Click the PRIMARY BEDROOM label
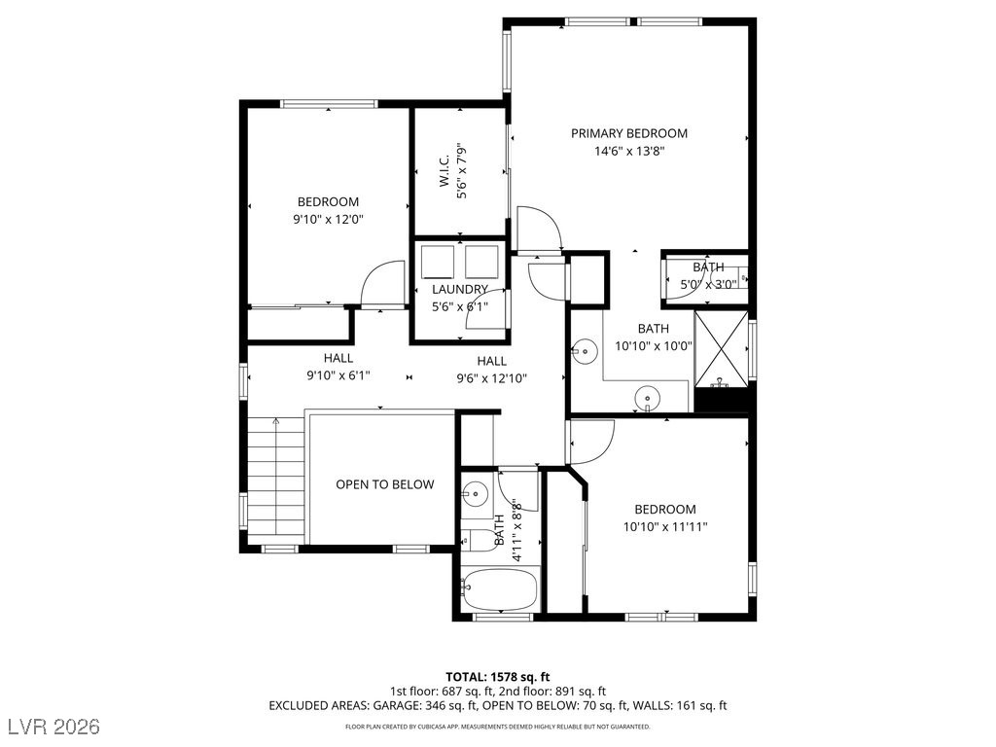click(x=629, y=133)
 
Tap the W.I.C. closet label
click(x=444, y=170)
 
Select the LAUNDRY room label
click(x=460, y=290)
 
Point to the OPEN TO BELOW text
click(x=385, y=484)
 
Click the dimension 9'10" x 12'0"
click(x=328, y=220)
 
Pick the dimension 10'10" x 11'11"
click(x=665, y=526)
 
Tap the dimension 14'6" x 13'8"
click(x=629, y=151)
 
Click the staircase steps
click(x=275, y=480)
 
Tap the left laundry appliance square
click(x=438, y=261)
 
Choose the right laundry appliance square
click(x=482, y=261)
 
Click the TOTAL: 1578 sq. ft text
click(x=497, y=677)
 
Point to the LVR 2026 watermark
click(x=54, y=727)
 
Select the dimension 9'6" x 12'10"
click(x=491, y=379)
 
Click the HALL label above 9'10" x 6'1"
click(x=338, y=358)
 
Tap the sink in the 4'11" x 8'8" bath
click(x=474, y=492)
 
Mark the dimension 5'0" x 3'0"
click(x=708, y=285)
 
